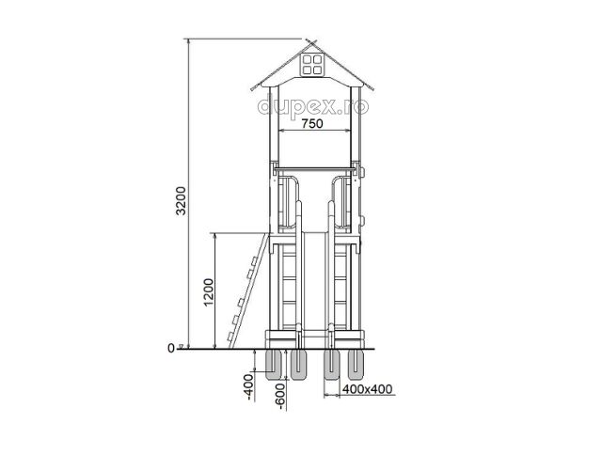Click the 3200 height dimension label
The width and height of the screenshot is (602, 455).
coord(181,200)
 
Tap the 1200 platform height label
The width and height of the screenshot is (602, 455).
coord(209,292)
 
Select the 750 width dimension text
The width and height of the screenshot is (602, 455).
coord(312,123)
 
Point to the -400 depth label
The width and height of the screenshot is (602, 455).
coord(248,387)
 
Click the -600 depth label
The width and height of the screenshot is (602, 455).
coord(280,397)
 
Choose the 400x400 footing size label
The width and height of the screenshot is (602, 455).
coord(368,389)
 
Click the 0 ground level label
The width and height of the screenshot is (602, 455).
coord(171,349)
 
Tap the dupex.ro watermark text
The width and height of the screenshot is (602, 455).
coord(313,106)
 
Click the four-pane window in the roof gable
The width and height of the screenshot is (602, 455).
coord(311,64)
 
